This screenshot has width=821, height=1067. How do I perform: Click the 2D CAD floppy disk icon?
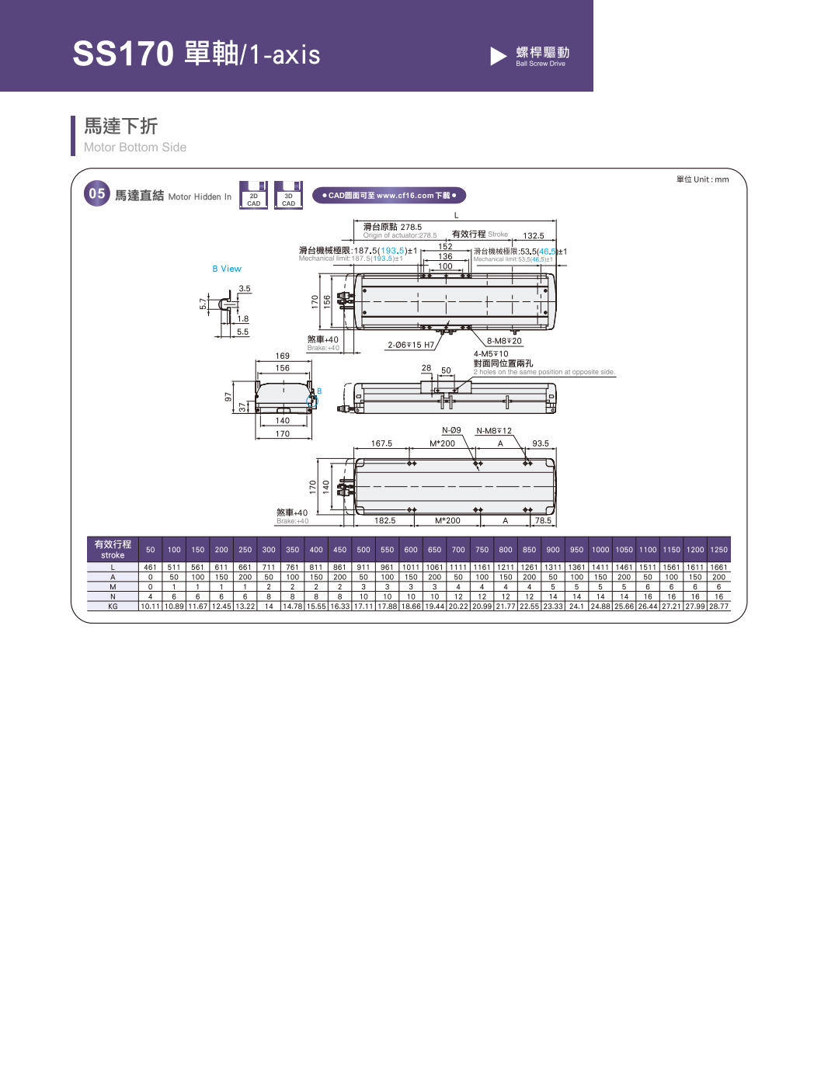253,195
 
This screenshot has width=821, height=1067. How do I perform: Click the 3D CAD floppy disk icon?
288,195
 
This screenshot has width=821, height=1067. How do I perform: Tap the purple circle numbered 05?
97,194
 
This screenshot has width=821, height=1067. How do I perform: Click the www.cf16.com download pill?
389,196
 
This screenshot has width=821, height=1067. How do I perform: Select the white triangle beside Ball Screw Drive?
498,56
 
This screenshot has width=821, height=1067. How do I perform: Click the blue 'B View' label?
227,269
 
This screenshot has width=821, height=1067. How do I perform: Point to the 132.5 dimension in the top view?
534,235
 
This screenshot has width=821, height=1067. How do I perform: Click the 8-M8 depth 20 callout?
504,341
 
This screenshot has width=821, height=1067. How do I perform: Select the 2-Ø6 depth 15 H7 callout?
411,345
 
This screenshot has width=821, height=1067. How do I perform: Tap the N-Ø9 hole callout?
451,430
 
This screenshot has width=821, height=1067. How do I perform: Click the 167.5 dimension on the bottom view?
381,443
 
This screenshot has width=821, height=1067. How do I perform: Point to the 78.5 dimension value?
543,520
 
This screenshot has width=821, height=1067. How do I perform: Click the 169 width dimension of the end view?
283,356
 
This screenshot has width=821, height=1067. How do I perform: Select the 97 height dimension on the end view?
228,397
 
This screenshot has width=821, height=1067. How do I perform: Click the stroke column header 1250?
718,550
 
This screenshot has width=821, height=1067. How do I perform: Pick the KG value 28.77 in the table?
718,606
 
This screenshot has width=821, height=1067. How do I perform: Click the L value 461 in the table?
151,568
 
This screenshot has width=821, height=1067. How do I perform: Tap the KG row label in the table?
113,606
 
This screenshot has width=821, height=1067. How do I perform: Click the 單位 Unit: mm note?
702,179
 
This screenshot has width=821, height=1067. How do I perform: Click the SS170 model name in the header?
123,54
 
